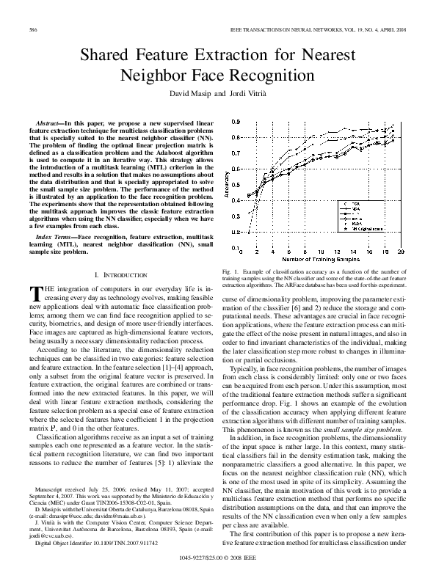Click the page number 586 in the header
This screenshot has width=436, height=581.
pos(33,29)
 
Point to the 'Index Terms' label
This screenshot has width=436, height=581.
pos(54,238)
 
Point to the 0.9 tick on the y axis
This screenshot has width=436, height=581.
pos(234,122)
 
